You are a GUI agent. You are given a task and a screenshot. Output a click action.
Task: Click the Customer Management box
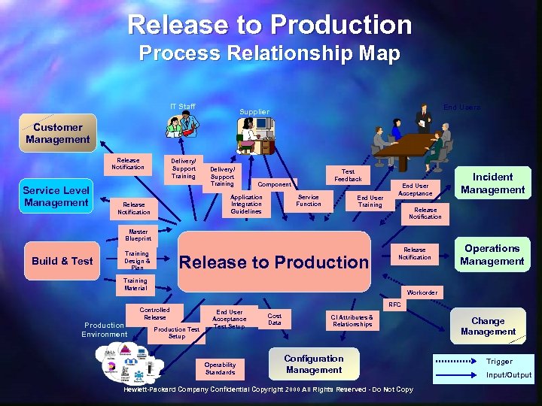tap(57, 133)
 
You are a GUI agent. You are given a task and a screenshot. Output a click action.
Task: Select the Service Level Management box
tap(56, 197)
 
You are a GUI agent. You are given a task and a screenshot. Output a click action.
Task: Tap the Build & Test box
tap(62, 261)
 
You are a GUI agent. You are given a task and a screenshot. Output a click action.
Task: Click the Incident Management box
tap(492, 183)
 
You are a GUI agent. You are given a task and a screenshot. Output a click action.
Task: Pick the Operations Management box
tap(492, 255)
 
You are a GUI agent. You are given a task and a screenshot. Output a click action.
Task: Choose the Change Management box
tap(488, 326)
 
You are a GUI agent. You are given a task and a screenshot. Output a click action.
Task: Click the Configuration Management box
tap(314, 365)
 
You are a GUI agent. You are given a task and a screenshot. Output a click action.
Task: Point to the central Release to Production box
tap(274, 262)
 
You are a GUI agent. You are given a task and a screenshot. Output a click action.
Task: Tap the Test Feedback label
tap(348, 175)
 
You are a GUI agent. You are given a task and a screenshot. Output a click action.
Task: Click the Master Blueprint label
tap(139, 235)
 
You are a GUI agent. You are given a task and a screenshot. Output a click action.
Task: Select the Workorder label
tap(422, 292)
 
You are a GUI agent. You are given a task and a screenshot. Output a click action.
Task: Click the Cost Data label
tap(275, 320)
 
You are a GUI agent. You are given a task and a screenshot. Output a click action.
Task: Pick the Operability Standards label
tap(220, 368)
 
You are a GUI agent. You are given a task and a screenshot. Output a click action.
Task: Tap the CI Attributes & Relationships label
tap(352, 321)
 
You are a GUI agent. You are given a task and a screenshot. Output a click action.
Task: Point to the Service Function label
tap(308, 201)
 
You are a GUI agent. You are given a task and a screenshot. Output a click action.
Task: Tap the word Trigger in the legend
tap(499, 362)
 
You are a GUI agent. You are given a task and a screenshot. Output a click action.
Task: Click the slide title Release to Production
tap(270, 25)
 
